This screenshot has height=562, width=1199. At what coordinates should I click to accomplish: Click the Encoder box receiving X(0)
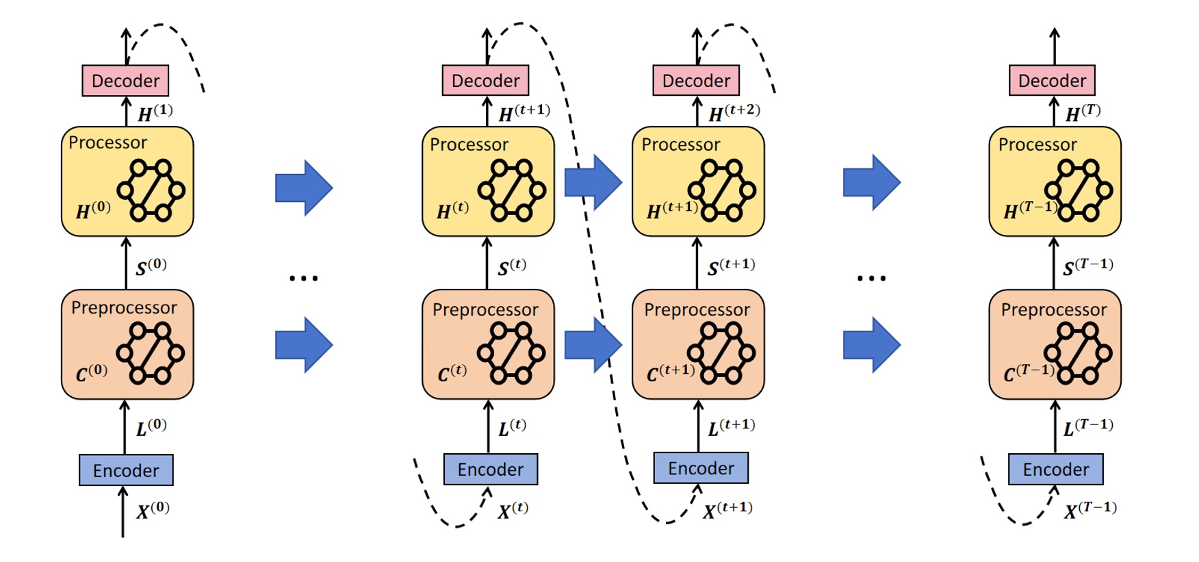(x=126, y=470)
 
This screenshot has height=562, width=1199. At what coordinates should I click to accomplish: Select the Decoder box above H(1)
(x=125, y=81)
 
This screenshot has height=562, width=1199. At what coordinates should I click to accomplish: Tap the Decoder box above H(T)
(x=1052, y=81)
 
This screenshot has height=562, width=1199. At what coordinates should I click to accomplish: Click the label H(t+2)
(x=734, y=112)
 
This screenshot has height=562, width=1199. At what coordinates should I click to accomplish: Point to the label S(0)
(x=151, y=266)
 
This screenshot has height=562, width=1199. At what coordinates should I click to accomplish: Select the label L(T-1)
(x=1087, y=427)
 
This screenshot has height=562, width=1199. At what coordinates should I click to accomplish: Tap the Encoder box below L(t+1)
(x=701, y=468)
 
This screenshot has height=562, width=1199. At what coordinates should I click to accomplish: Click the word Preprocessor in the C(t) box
(x=485, y=309)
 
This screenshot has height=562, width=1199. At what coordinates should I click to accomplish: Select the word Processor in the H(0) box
(x=107, y=142)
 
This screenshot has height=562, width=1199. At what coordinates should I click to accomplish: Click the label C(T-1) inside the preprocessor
(x=1029, y=373)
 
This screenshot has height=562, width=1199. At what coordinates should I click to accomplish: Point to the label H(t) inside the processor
(x=452, y=210)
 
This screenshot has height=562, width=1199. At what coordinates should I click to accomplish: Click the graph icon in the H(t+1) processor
(x=721, y=190)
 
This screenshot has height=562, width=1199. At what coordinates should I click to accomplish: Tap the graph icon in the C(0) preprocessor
(x=150, y=353)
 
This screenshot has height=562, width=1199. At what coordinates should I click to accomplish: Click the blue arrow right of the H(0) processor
(x=304, y=188)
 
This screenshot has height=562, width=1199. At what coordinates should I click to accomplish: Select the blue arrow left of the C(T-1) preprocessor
(x=871, y=344)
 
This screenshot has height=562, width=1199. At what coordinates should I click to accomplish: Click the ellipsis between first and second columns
(x=303, y=278)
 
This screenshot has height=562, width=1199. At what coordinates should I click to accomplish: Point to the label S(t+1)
(x=730, y=266)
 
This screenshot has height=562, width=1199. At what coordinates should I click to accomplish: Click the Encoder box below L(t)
(x=490, y=470)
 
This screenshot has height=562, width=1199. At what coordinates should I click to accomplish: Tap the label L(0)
(x=151, y=427)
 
